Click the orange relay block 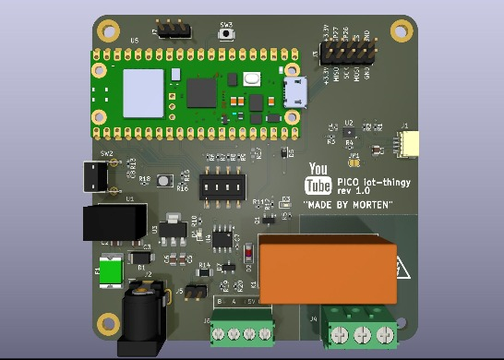coord(328,270)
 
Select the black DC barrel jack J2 coord(143,318)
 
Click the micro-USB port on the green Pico coord(296,92)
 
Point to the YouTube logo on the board coord(318,178)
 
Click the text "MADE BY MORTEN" coord(348,204)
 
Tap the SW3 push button coord(226,34)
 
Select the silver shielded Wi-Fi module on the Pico coord(142,91)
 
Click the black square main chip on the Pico coord(200,92)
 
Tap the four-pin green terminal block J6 coord(242,330)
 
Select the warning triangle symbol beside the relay coord(403,270)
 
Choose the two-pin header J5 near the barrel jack coord(195,292)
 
